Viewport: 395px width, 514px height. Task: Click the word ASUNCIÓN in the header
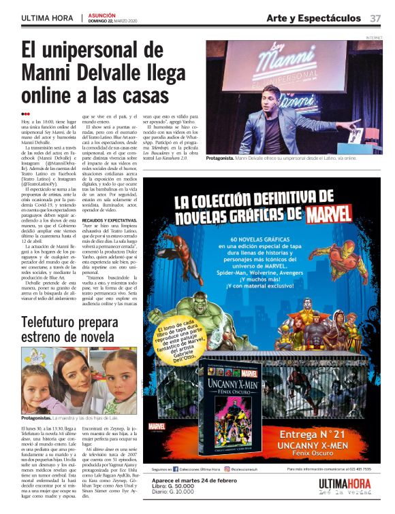[x=102, y=14]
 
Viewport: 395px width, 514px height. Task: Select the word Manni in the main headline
[x=50, y=71]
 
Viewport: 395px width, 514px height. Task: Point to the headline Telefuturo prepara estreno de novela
[x=68, y=330]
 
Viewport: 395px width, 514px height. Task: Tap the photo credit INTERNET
[x=374, y=37]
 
